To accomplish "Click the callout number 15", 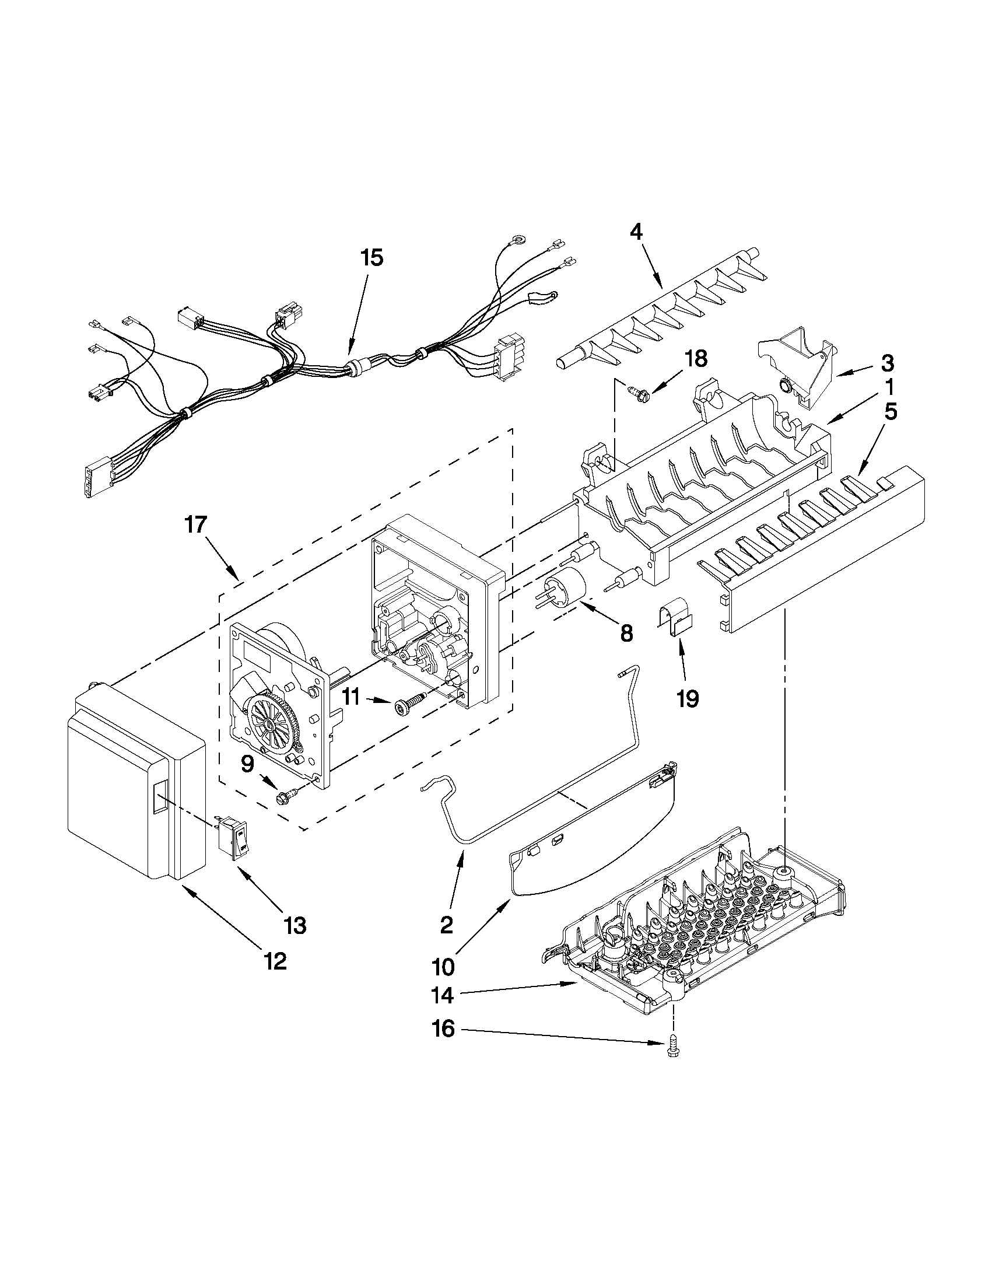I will pyautogui.click(x=372, y=257).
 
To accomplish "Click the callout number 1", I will pyautogui.click(x=890, y=387).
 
